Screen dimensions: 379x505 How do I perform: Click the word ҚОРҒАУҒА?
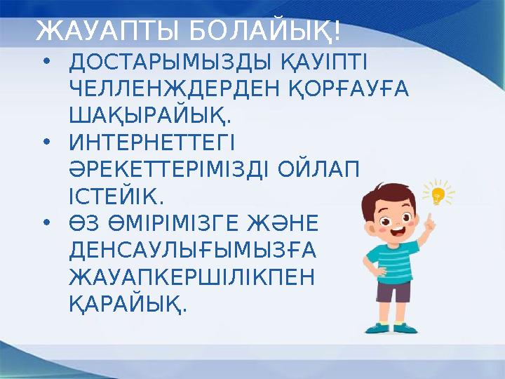(x=351, y=90)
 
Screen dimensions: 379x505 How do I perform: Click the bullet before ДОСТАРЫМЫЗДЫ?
(x=46, y=64)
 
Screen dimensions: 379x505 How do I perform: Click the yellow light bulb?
(x=438, y=195)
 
